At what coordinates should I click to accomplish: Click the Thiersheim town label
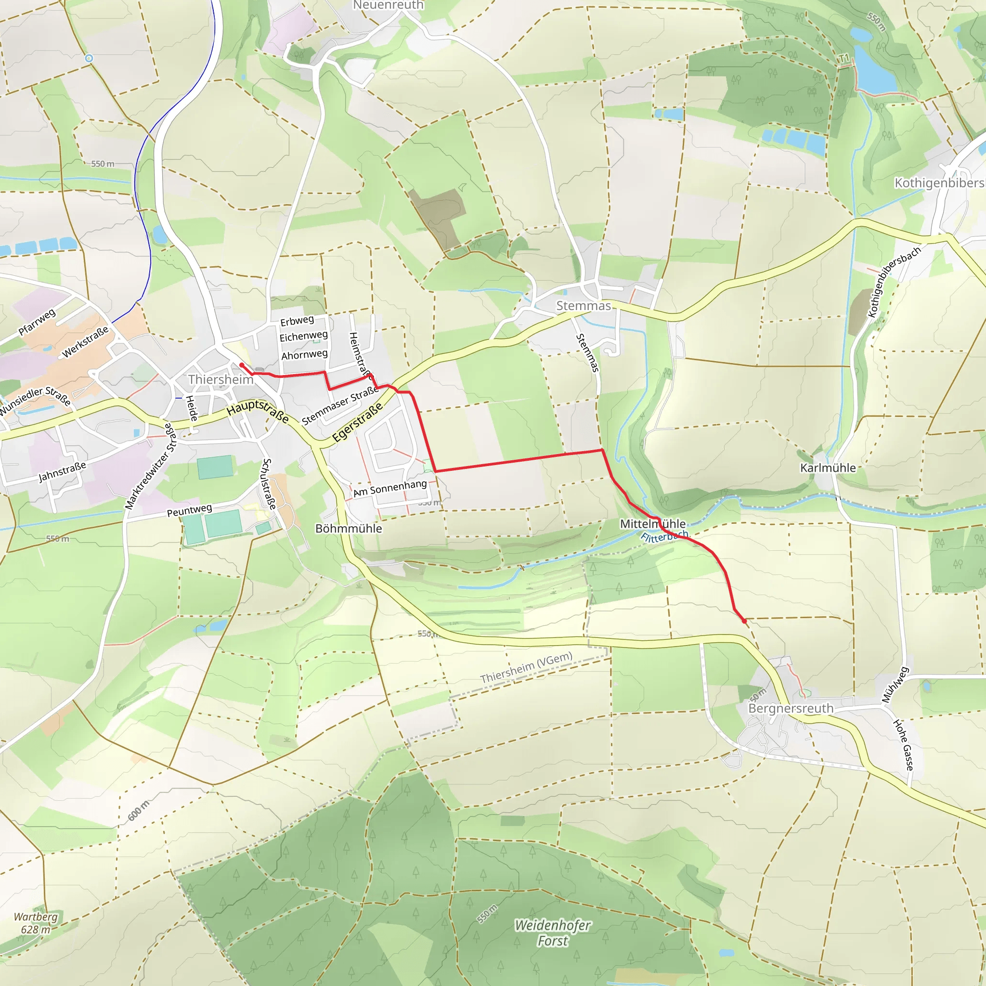point(221,379)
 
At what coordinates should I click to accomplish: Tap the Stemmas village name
point(584,306)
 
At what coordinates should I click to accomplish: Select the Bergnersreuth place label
point(791,708)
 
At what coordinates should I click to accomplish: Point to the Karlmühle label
point(828,467)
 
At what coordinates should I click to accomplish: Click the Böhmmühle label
point(349,528)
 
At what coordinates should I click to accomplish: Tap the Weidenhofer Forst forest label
point(553,933)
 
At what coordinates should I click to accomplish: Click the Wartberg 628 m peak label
point(35,923)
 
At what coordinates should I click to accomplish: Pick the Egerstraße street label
point(357,422)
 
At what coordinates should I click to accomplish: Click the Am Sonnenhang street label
point(390,488)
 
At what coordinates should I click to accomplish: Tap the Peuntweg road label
point(189,510)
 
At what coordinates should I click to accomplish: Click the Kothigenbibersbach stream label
point(894,282)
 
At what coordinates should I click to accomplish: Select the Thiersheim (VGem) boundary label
point(526,668)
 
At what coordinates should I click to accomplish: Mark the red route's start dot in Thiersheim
point(241,365)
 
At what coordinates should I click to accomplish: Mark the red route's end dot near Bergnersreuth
point(745,621)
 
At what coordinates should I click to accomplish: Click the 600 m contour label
point(138,810)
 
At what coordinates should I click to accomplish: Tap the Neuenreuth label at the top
point(389,5)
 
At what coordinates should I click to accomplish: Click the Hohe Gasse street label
point(903,745)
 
